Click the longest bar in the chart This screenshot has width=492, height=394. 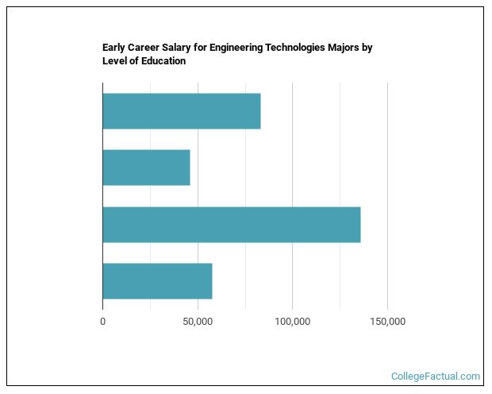click(x=231, y=225)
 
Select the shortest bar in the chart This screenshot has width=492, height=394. click(x=146, y=168)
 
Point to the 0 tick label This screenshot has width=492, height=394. click(x=102, y=321)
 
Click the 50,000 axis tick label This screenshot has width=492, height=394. click(x=197, y=321)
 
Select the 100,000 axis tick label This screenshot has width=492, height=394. click(x=292, y=321)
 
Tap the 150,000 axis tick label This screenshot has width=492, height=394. click(x=387, y=321)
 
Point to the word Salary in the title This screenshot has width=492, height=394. click(x=183, y=48)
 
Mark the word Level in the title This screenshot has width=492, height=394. click(x=115, y=61)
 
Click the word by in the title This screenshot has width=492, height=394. click(x=367, y=48)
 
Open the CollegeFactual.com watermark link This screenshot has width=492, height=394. click(x=436, y=377)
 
